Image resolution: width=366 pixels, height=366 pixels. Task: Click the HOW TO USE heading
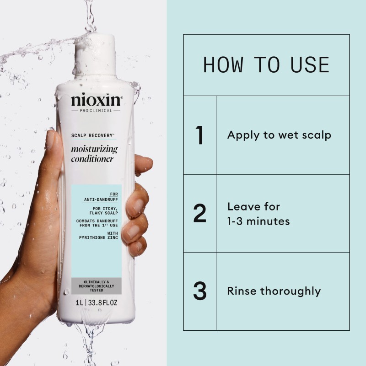click(x=266, y=65)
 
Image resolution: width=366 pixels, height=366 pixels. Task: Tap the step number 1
click(x=199, y=135)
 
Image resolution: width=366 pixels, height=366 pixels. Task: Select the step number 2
click(x=199, y=214)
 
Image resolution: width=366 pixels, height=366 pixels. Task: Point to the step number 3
click(x=199, y=291)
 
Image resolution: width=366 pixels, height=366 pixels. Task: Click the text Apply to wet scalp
click(x=279, y=135)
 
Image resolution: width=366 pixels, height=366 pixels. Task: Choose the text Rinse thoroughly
click(x=274, y=291)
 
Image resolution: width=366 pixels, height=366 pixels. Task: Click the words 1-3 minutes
click(x=258, y=221)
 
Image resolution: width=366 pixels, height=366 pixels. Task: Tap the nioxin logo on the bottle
click(x=96, y=100)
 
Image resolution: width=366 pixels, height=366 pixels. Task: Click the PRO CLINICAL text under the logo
click(x=96, y=111)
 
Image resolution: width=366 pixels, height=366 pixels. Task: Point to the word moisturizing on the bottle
click(x=94, y=149)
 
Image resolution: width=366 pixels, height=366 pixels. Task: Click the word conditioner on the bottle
click(x=93, y=159)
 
